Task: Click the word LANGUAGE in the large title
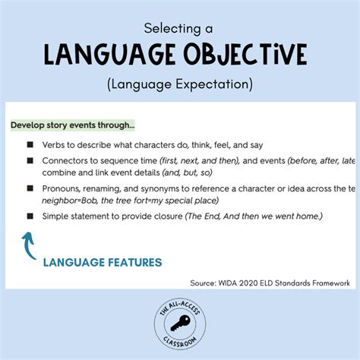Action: (x=114, y=55)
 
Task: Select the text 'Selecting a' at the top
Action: (x=179, y=28)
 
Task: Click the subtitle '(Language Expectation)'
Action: (x=180, y=82)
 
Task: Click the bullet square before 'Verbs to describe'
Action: (x=30, y=144)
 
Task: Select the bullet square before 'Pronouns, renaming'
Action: (x=30, y=188)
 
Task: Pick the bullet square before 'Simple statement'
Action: (x=30, y=216)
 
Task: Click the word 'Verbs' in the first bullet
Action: (x=58, y=144)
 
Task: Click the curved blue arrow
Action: (x=29, y=246)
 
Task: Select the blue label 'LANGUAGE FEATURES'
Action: (x=102, y=263)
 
